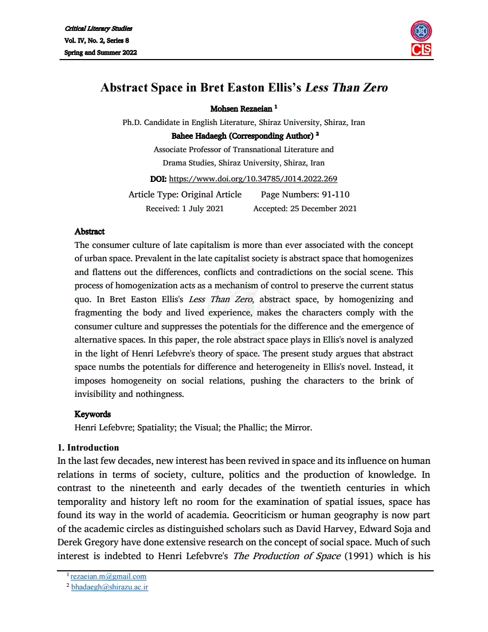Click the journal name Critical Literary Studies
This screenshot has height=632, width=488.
tap(98, 28)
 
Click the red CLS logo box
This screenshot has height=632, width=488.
tap(421, 49)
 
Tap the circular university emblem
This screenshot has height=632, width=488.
tap(421, 31)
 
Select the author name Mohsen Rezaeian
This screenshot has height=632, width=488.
tap(241, 109)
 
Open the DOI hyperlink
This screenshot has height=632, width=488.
tap(253, 179)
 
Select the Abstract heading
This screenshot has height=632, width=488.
tap(89, 231)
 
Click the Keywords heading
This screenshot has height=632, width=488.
tap(92, 414)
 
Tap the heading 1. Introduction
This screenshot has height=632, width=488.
tap(88, 447)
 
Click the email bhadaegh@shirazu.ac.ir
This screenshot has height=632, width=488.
tap(110, 587)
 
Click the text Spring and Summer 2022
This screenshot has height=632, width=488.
tap(100, 52)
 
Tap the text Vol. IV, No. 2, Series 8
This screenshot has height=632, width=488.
tap(97, 40)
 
